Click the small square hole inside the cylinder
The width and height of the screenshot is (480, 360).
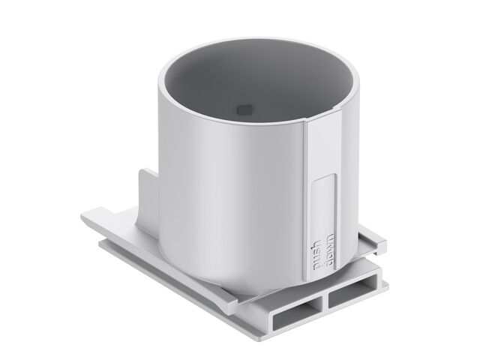click(x=244, y=110)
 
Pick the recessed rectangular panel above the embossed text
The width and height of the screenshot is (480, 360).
click(x=323, y=205)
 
